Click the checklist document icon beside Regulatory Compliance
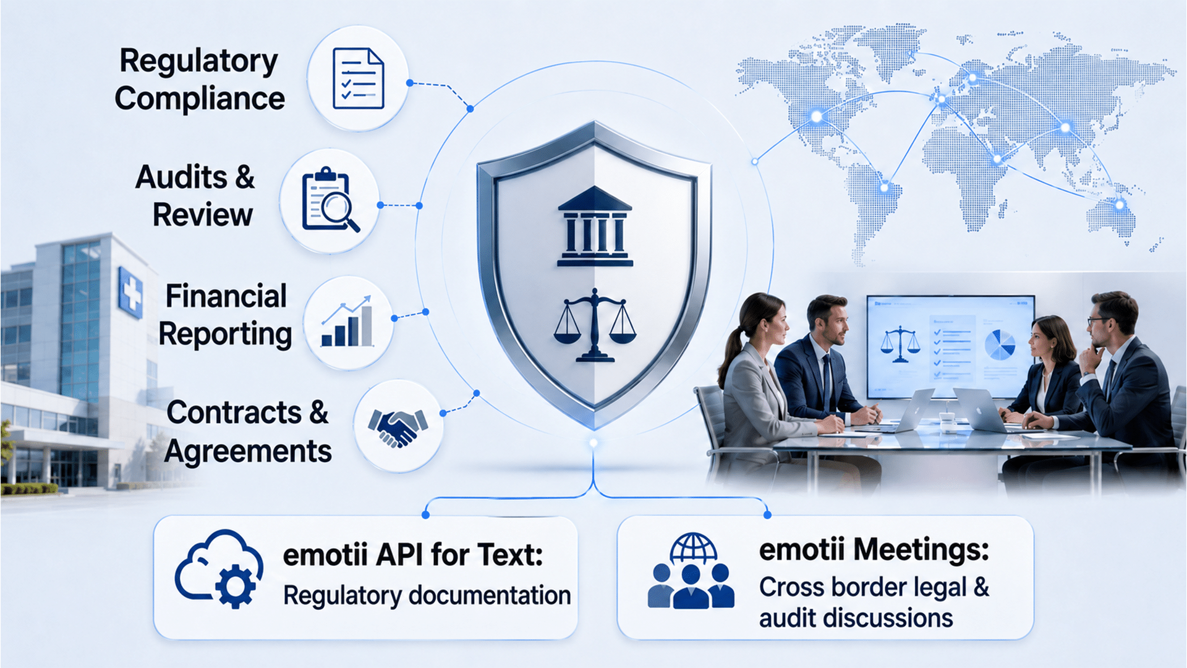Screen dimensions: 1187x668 [x=358, y=78]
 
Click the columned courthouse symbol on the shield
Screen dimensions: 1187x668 [x=594, y=226]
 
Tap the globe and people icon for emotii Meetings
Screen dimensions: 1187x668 [x=691, y=570]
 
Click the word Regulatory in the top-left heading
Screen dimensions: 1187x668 [x=198, y=61]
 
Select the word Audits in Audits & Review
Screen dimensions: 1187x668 [x=181, y=178]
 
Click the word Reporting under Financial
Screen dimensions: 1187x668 [x=225, y=335]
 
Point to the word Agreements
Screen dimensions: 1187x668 [x=248, y=452]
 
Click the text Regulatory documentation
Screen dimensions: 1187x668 [x=427, y=596]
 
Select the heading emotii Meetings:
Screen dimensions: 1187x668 [x=874, y=549]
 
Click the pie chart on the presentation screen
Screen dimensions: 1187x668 [x=1000, y=345]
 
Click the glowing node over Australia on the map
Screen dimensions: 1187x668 [x=1119, y=204]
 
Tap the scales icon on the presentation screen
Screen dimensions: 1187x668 [x=900, y=344]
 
